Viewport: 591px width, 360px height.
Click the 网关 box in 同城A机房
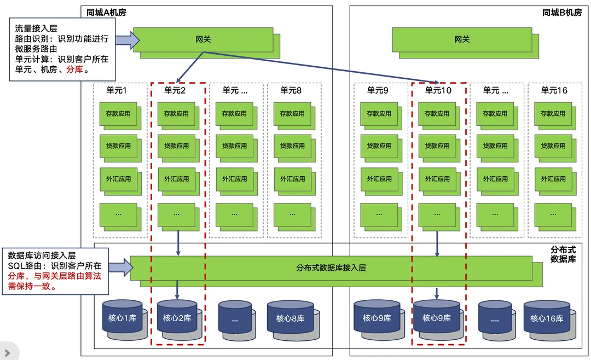[x=203, y=39]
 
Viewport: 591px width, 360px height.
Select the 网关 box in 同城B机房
[x=461, y=39]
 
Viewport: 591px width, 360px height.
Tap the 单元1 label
[x=117, y=90]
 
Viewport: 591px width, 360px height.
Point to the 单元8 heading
[x=291, y=90]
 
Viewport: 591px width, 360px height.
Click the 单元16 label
[x=554, y=90]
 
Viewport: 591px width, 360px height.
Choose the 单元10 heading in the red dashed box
[x=438, y=90]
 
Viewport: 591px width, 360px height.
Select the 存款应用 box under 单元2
[x=176, y=114]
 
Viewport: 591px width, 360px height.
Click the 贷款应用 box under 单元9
[x=378, y=146]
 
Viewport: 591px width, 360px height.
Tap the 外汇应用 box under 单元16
[x=553, y=179]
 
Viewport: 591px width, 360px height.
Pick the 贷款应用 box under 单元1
[x=118, y=146]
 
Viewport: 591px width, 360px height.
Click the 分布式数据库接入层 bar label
[x=331, y=268]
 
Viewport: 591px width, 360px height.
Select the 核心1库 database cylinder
[x=121, y=318]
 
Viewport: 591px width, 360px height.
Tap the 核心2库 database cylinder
[x=177, y=318]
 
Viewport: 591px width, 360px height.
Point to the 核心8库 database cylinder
[x=289, y=318]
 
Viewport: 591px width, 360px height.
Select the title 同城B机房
[x=562, y=12]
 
